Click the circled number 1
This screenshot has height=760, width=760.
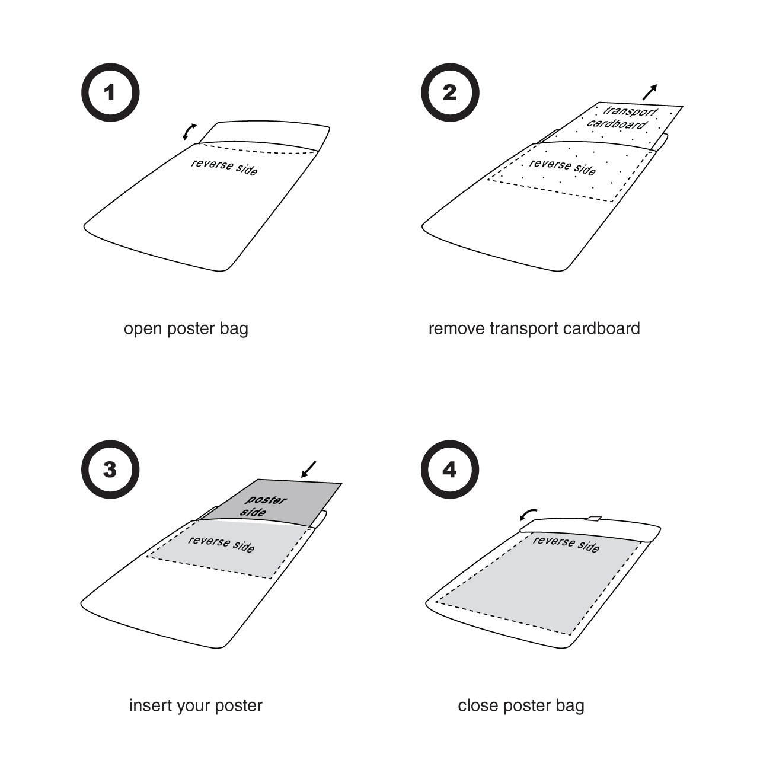pos(110,92)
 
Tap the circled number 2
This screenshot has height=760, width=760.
pos(450,92)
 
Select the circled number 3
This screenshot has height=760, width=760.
pos(110,470)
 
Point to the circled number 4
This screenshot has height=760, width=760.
pos(450,470)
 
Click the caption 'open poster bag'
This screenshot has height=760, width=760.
pos(186,329)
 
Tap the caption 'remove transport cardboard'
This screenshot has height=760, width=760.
pos(534,328)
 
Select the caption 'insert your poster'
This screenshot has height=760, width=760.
pos(196,705)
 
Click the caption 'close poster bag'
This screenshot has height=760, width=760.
pos(521,705)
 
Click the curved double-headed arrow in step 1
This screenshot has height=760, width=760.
pos(189,132)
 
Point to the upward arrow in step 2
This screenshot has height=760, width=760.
pos(650,92)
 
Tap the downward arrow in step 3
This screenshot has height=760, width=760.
pos(308,470)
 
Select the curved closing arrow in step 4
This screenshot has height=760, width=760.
pos(528,515)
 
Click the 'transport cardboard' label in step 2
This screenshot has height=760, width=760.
pos(622,117)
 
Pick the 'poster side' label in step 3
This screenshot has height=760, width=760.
pos(263,506)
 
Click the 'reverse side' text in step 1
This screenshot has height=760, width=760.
pos(225,167)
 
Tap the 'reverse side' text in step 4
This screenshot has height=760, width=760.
pos(566,544)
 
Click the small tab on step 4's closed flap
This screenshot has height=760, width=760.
pos(592,518)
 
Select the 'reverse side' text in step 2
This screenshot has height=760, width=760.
pos(563,167)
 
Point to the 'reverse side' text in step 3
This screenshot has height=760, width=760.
pos(221,544)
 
